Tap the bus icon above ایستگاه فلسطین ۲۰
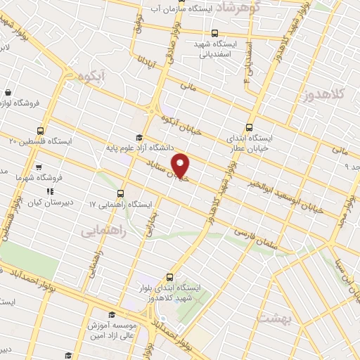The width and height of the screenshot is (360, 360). (x=41, y=130)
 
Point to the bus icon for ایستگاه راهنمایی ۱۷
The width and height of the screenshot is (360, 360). (x=120, y=193)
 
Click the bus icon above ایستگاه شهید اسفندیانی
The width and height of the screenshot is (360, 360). (x=214, y=32)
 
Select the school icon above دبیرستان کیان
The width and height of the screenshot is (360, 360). (x=49, y=191)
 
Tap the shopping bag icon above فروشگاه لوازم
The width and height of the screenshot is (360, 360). (x=8, y=92)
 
